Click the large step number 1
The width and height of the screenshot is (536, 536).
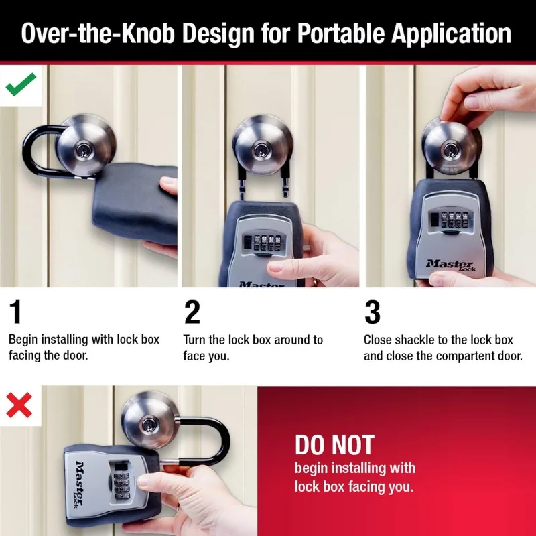click(x=16, y=312)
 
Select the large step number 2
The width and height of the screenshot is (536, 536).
click(x=192, y=312)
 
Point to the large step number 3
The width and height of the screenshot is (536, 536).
click(x=373, y=312)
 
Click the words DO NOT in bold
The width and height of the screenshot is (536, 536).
click(x=334, y=445)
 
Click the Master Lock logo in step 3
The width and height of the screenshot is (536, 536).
click(x=449, y=265)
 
